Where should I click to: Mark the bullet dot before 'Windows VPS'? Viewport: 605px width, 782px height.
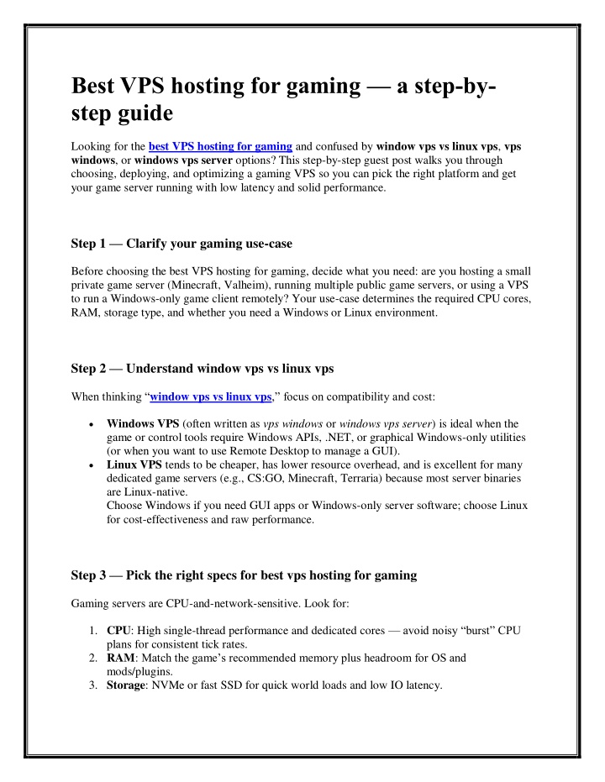click(x=90, y=424)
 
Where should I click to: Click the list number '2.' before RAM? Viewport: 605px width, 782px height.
click(x=92, y=659)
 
